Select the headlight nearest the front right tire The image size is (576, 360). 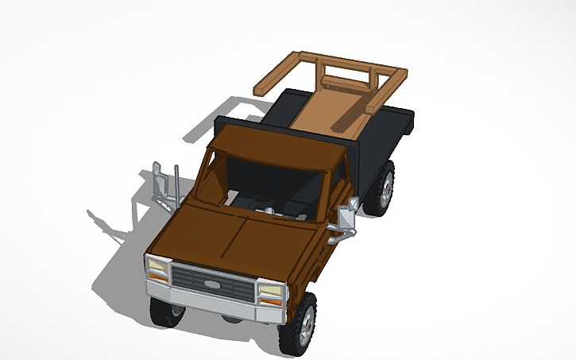click(x=271, y=291)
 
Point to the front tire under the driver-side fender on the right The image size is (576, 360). click(x=299, y=323)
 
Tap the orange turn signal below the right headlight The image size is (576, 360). click(x=269, y=303)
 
